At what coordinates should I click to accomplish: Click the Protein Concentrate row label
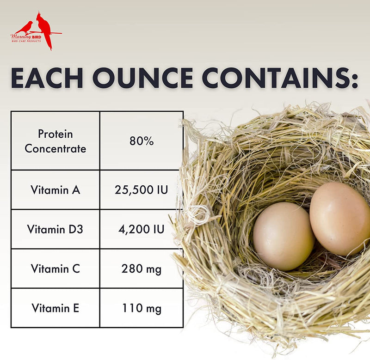55,141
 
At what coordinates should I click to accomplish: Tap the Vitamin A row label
55,189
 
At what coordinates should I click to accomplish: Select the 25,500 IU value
142,189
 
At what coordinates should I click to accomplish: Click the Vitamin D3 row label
55,229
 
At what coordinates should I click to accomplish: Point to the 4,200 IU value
142,229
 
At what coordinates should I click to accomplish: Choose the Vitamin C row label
55,268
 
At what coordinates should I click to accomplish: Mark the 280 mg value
142,268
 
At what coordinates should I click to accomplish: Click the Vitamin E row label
55,308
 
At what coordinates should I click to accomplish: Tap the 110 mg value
142,308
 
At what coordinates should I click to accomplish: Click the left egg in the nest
283,236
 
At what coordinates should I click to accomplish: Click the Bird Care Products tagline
26,41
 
